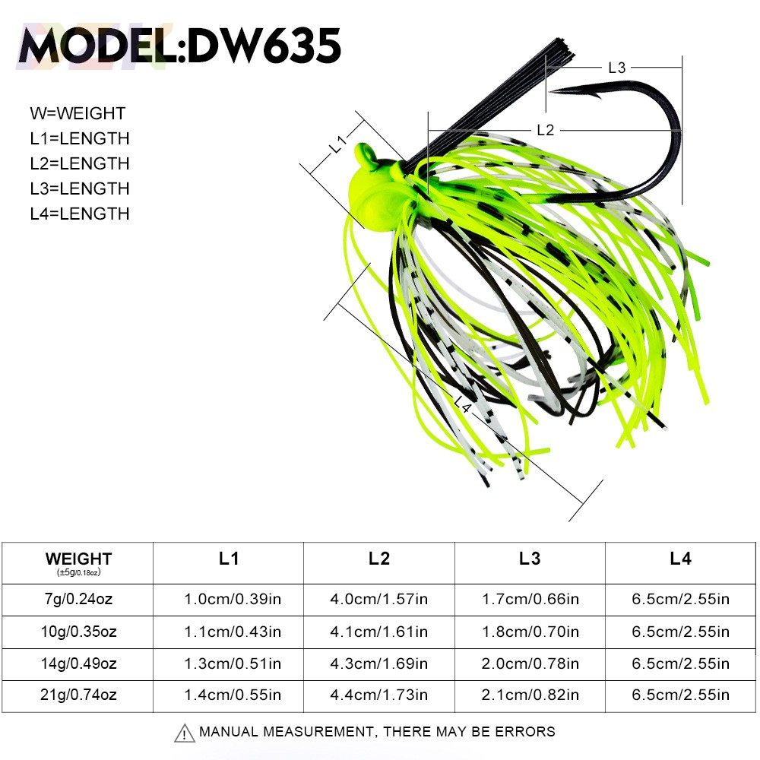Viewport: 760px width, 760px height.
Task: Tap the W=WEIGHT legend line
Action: pos(78,114)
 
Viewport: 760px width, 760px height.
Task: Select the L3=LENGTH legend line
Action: pos(80,188)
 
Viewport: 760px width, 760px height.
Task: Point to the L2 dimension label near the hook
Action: pos(545,130)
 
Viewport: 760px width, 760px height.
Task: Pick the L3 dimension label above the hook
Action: pos(616,68)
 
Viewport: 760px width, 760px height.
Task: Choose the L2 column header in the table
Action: pos(378,559)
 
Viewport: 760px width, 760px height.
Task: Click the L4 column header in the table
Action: pos(680,559)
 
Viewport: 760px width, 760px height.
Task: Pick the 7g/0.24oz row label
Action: pos(78,599)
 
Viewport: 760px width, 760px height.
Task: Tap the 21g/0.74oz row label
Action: pos(78,695)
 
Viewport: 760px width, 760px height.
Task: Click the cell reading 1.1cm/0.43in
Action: pos(229,632)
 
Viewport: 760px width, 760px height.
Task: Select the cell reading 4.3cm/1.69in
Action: pos(378,663)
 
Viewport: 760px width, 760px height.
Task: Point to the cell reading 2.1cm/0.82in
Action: pos(530,695)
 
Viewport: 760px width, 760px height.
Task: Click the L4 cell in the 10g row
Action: pos(680,632)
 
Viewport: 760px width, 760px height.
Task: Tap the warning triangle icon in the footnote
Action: pos(184,733)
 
